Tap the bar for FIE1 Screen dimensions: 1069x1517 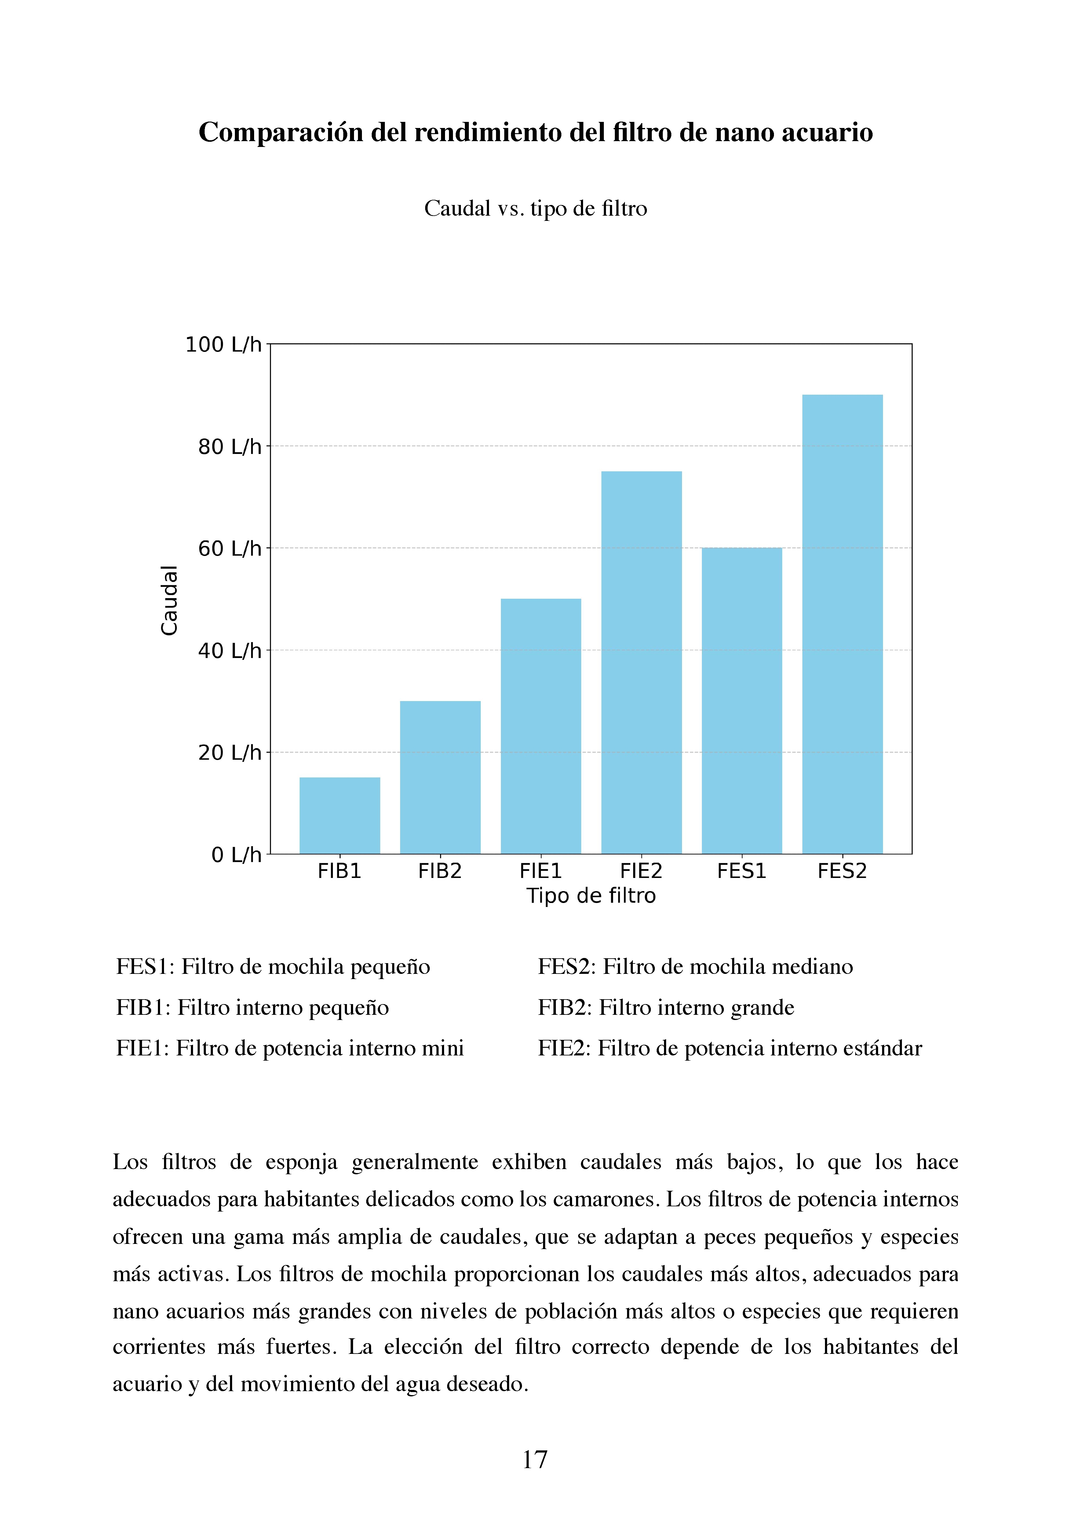coord(540,726)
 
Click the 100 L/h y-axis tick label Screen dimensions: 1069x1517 coord(223,344)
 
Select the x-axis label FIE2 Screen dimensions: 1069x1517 coord(641,871)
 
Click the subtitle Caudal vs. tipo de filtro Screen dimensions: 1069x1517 coord(535,208)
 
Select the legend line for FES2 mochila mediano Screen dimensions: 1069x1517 coord(695,967)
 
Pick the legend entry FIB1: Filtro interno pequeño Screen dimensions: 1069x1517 coord(252,1007)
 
